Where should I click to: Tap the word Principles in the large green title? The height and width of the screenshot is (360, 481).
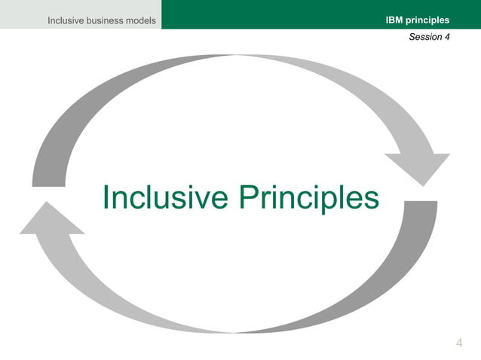coord(309,198)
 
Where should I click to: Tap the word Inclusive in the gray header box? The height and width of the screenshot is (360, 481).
coord(66,20)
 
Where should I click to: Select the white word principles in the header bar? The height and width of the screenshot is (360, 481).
coord(427,20)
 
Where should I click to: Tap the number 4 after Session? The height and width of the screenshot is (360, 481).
coord(447,37)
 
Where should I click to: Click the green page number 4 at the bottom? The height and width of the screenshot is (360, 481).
coord(460,344)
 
